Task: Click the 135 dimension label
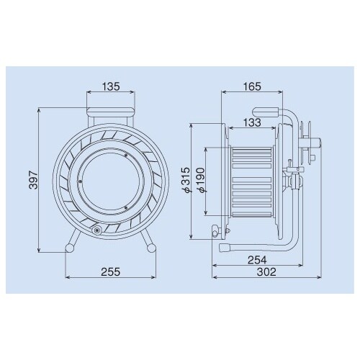tap(111, 86)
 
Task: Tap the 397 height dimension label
tap(34, 180)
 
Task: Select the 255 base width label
tap(110, 271)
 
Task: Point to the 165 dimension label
tap(252, 86)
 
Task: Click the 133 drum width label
tap(252, 122)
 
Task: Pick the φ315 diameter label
tap(186, 180)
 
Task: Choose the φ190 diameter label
tap(201, 180)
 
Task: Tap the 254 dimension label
tap(257, 260)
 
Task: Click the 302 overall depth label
tap(266, 272)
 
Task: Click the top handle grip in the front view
tap(111, 112)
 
